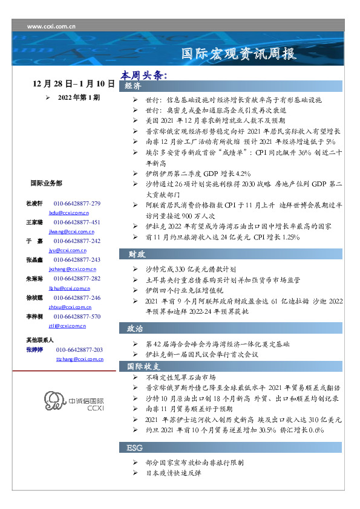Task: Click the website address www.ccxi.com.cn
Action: point(51,27)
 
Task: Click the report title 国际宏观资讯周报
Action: point(240,54)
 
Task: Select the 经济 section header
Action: point(134,86)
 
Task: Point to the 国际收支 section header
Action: point(143,366)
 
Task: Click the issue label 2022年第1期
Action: point(79,97)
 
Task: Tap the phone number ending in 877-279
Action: point(77,204)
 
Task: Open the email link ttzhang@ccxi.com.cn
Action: point(79,359)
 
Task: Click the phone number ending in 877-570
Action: point(77,317)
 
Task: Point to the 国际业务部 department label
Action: point(46,183)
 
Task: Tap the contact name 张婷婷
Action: point(36,350)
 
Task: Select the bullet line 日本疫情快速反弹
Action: point(173,473)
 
